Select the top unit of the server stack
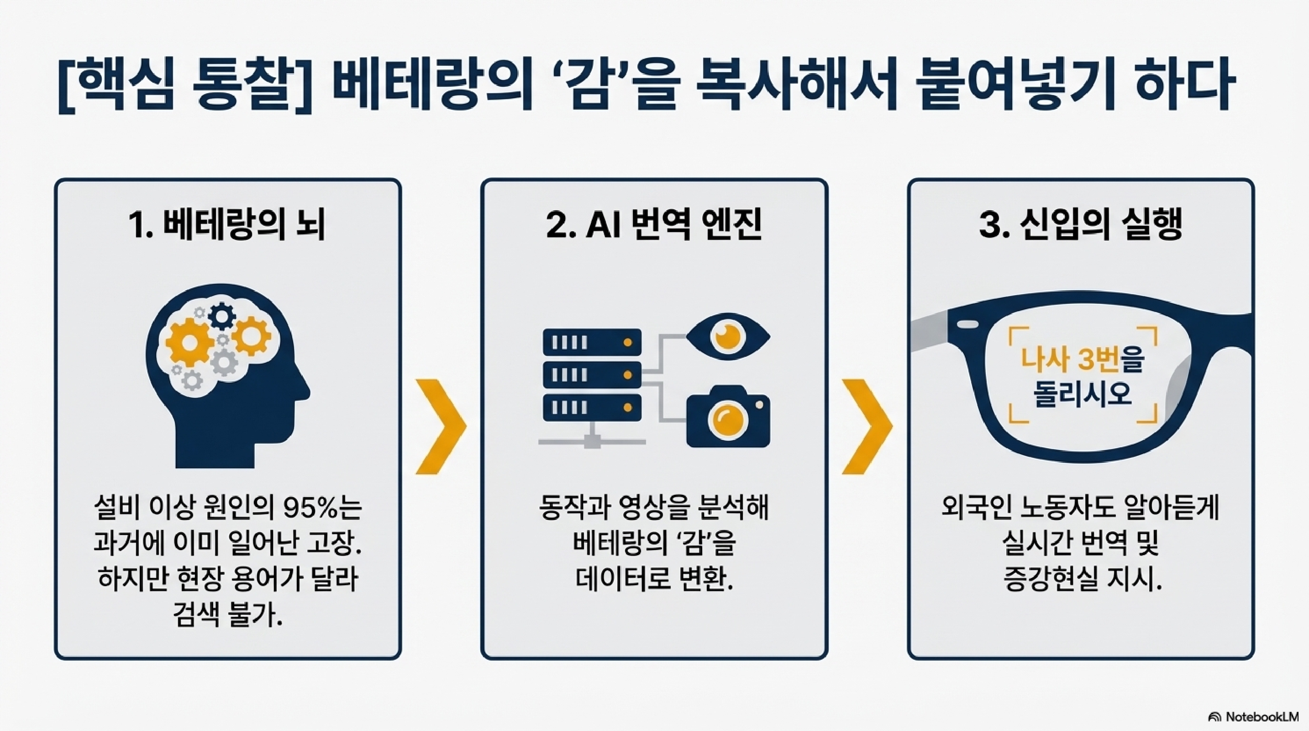(x=592, y=342)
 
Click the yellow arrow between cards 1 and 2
(x=440, y=426)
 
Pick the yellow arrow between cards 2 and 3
(x=867, y=426)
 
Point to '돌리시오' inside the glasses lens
(x=1083, y=393)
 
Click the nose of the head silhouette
(x=304, y=391)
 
